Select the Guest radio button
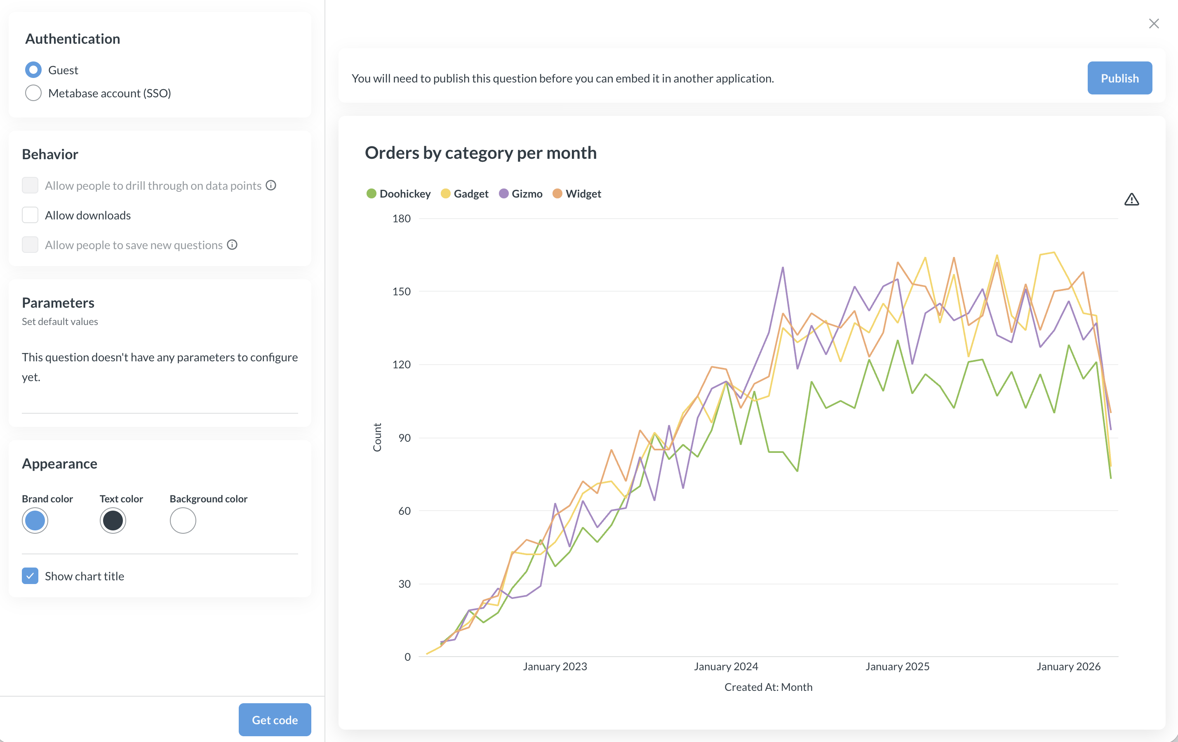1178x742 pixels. pyautogui.click(x=33, y=70)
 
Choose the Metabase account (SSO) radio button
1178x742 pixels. pyautogui.click(x=33, y=93)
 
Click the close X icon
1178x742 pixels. pyautogui.click(x=1154, y=24)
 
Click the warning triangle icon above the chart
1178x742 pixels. pyautogui.click(x=1131, y=200)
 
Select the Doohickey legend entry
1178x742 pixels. pyautogui.click(x=399, y=194)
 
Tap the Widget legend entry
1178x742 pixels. pyautogui.click(x=577, y=194)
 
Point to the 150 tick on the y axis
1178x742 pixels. pyautogui.click(x=401, y=292)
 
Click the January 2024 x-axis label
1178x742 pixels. pyautogui.click(x=726, y=666)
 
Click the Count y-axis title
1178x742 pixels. pyautogui.click(x=377, y=437)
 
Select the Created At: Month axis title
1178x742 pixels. pyautogui.click(x=768, y=687)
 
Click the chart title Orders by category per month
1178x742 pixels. pyautogui.click(x=480, y=153)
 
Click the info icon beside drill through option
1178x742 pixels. pyautogui.click(x=271, y=186)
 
